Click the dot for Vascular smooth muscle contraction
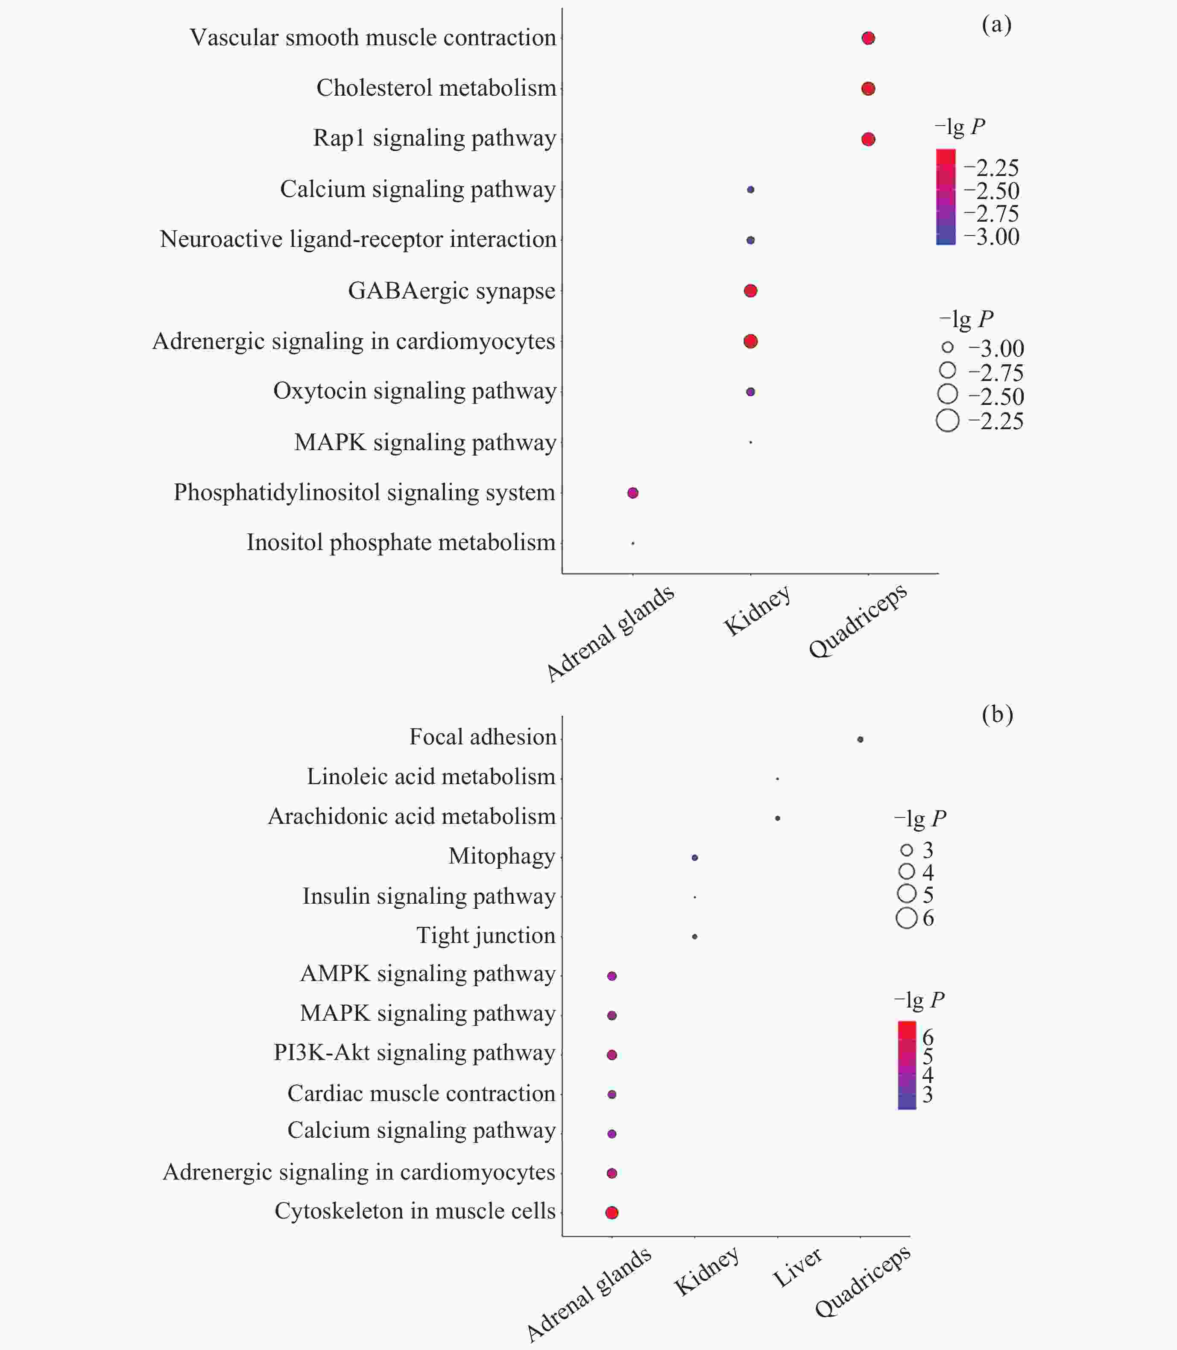coord(868,38)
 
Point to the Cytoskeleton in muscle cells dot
coord(612,1212)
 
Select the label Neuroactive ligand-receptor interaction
coord(358,240)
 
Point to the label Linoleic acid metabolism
coord(431,776)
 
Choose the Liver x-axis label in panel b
coord(797,1268)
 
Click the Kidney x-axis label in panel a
coord(757,611)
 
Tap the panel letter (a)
coord(996,25)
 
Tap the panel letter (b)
coord(997,714)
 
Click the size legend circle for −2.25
coord(947,420)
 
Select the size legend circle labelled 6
coord(906,918)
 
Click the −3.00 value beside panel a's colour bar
coord(992,237)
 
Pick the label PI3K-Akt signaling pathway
coord(414,1052)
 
